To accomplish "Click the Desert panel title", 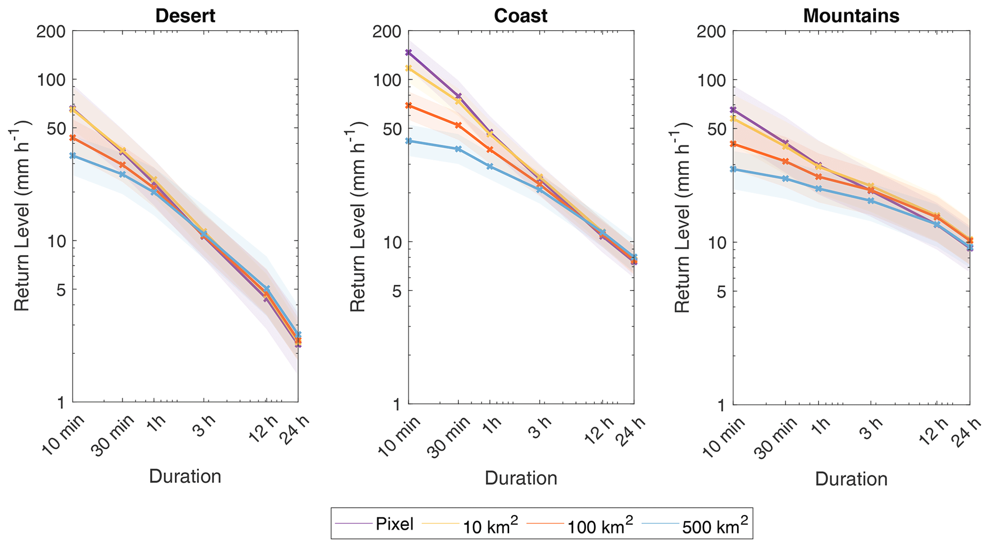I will point(185,16).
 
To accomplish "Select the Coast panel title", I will point(521,16).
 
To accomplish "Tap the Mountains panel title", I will point(851,16).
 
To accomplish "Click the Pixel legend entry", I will point(394,524).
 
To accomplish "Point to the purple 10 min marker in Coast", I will point(409,52).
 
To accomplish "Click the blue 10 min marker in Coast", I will point(409,141).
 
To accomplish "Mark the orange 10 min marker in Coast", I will point(409,105).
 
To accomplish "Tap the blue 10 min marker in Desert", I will point(73,156).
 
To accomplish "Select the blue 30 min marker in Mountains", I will point(785,179).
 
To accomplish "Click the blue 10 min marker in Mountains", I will point(733,169).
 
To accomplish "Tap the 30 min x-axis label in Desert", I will point(113,437).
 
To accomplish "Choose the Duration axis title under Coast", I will point(521,478).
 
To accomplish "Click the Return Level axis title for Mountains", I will point(682,216).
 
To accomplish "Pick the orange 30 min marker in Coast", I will point(458,125).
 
